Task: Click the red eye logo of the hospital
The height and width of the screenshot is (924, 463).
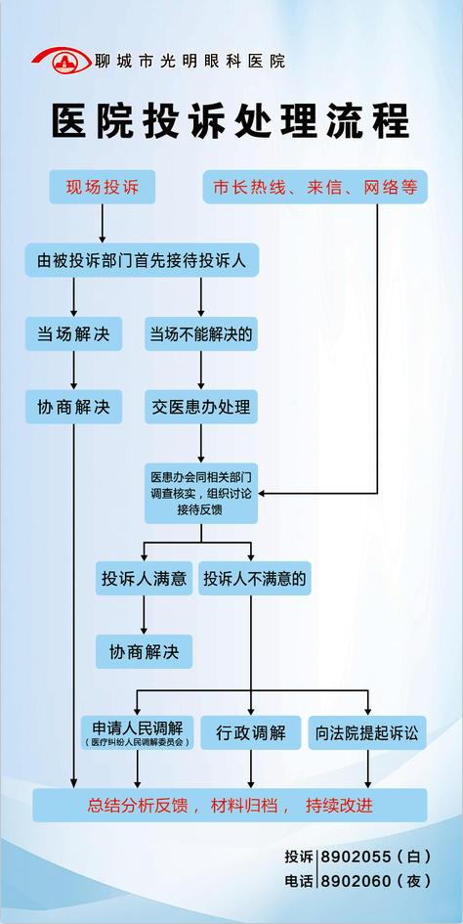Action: (62, 60)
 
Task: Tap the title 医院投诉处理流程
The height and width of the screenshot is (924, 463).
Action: (231, 122)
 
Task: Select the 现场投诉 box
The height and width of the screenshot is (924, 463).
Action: (102, 188)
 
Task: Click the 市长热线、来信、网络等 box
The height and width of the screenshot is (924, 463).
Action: (316, 188)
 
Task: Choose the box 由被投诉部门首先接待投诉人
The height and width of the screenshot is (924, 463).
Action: (142, 260)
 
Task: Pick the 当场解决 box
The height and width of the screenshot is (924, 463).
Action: (73, 334)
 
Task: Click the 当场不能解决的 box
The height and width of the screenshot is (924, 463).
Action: (201, 334)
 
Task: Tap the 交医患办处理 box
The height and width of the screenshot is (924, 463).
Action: (201, 407)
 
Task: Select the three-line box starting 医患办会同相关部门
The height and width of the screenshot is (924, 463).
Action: (201, 493)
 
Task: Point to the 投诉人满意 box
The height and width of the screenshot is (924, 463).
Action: (144, 578)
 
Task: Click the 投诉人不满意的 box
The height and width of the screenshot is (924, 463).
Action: (255, 578)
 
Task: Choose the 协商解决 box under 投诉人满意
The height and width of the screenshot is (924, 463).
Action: (144, 652)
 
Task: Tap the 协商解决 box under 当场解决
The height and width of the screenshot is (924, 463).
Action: (73, 407)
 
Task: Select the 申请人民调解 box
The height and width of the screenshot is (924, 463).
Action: (138, 732)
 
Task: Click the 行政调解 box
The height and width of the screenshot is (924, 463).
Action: (251, 732)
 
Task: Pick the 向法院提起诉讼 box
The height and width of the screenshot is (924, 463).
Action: (367, 732)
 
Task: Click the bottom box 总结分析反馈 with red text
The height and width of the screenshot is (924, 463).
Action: (230, 805)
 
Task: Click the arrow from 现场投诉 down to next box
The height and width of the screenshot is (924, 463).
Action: (102, 223)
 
